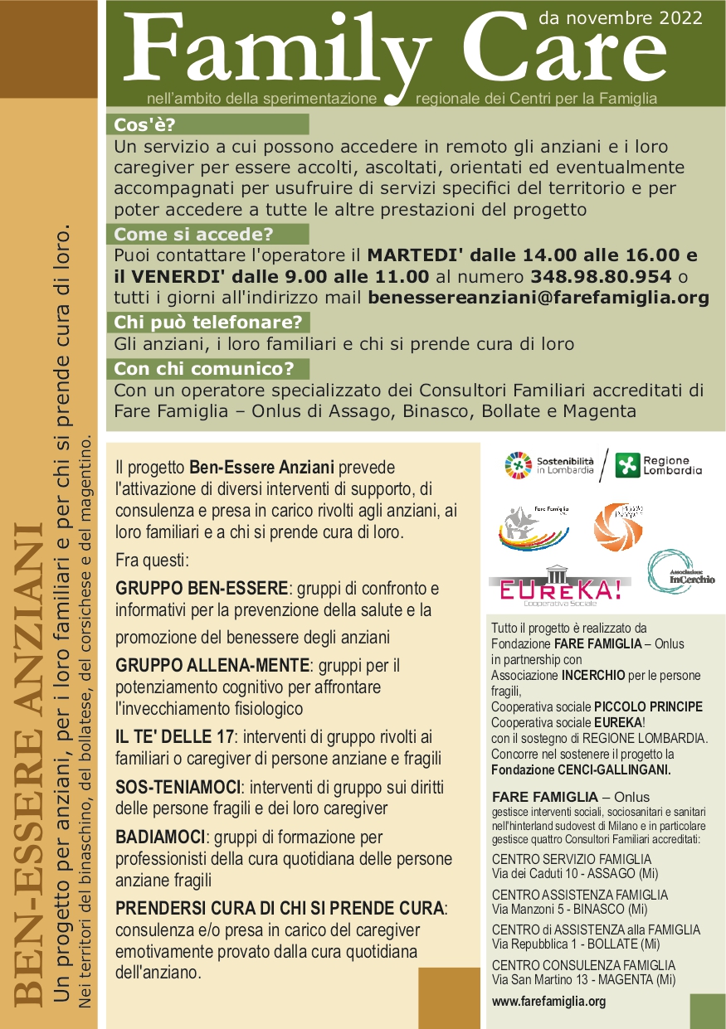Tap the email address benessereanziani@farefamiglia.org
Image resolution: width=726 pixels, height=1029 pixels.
point(538,297)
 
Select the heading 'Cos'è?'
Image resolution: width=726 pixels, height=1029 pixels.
point(146,125)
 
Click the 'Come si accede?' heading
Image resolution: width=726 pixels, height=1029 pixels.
point(193,235)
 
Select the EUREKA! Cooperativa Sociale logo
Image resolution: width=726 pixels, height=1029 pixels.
point(554,588)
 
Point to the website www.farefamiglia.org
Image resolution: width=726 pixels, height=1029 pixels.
point(548,1002)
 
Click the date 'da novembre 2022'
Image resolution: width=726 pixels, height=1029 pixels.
point(621,17)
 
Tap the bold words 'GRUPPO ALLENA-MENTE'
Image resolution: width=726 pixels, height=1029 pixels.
point(212,666)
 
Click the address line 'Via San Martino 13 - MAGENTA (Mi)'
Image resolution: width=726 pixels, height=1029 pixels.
point(583,979)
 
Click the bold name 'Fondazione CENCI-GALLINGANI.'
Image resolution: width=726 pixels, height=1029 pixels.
point(581,769)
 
